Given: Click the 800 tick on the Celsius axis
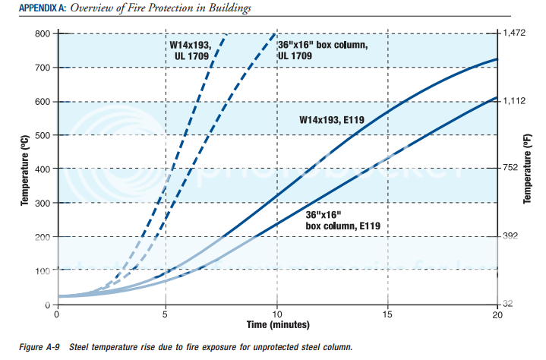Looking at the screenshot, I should pyautogui.click(x=41, y=34).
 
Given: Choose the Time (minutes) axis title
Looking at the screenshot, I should pyautogui.click(x=276, y=324).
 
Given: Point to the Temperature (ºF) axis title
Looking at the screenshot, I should pyautogui.click(x=527, y=169).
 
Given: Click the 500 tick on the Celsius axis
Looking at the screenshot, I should pyautogui.click(x=41, y=135).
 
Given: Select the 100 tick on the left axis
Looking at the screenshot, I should pyautogui.click(x=41, y=271).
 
